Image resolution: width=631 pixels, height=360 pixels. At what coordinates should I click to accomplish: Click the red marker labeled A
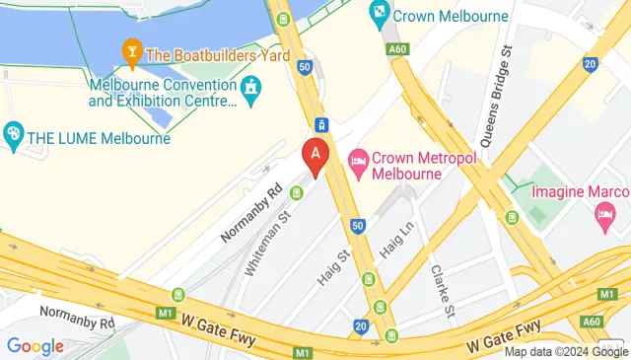(x=315, y=156)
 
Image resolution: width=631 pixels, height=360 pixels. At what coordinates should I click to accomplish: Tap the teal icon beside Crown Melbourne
(x=379, y=15)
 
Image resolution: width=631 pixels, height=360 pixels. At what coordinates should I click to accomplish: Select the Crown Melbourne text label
(x=451, y=16)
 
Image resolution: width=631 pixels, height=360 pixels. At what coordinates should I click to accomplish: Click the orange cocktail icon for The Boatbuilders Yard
(x=129, y=49)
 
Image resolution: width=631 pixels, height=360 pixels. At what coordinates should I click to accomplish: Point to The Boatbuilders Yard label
(x=218, y=56)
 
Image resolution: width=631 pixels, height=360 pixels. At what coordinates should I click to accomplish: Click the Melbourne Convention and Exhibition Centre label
(x=163, y=93)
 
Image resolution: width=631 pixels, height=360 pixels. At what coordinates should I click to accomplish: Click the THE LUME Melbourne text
(x=100, y=137)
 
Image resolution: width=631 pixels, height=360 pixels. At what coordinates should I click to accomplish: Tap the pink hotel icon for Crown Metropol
(x=357, y=159)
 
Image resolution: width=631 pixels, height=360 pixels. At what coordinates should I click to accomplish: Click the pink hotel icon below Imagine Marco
(x=603, y=213)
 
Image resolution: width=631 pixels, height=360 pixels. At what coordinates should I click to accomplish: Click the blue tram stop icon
(x=320, y=125)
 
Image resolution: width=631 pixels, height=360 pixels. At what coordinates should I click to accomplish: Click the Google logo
(x=35, y=346)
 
